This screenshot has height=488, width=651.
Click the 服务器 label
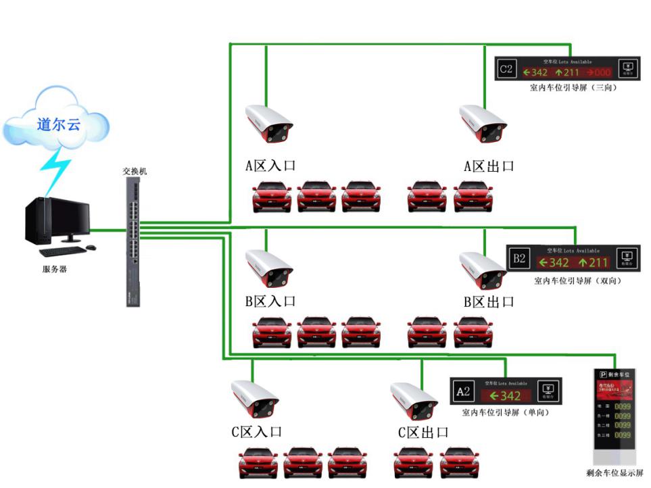click(x=54, y=269)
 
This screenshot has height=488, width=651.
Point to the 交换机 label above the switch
click(x=135, y=171)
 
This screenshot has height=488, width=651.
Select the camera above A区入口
click(x=268, y=125)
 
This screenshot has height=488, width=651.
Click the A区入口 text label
click(x=270, y=166)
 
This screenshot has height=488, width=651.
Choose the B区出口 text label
click(x=489, y=301)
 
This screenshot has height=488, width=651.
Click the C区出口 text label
click(x=423, y=432)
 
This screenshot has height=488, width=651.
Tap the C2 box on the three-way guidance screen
click(x=506, y=69)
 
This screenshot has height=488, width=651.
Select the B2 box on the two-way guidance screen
click(x=519, y=259)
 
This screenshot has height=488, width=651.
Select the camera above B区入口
click(x=269, y=268)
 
